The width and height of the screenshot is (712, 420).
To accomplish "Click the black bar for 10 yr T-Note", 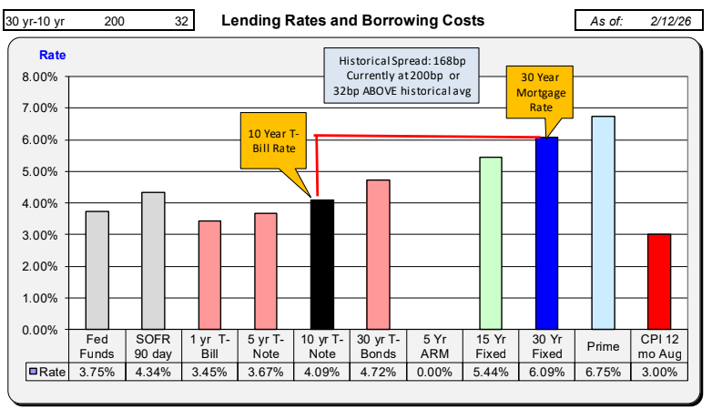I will pyautogui.click(x=321, y=264).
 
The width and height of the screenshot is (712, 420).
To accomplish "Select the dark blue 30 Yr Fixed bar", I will pyautogui.click(x=546, y=233).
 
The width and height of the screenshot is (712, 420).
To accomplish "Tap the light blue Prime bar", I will pyautogui.click(x=603, y=222).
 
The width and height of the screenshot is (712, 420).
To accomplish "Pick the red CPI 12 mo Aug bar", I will pyautogui.click(x=659, y=282).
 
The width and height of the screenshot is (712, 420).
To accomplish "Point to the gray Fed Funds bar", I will pyautogui.click(x=97, y=270).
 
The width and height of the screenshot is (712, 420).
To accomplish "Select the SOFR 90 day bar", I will pyautogui.click(x=153, y=261).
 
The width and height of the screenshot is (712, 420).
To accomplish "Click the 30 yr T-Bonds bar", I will pyautogui.click(x=378, y=254).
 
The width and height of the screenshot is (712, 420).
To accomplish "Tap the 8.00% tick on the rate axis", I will pyautogui.click(x=43, y=77).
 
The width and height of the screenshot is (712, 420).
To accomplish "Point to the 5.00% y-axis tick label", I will pyautogui.click(x=43, y=171).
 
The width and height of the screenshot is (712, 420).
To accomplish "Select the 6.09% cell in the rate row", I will pyautogui.click(x=546, y=371).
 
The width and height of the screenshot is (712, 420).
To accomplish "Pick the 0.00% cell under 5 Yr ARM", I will pyautogui.click(x=434, y=371).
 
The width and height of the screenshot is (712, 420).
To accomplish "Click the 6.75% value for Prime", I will pyautogui.click(x=603, y=371).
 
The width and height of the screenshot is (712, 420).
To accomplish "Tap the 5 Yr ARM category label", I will pyautogui.click(x=434, y=346).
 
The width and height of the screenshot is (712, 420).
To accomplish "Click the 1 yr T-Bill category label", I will pyautogui.click(x=209, y=346).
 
